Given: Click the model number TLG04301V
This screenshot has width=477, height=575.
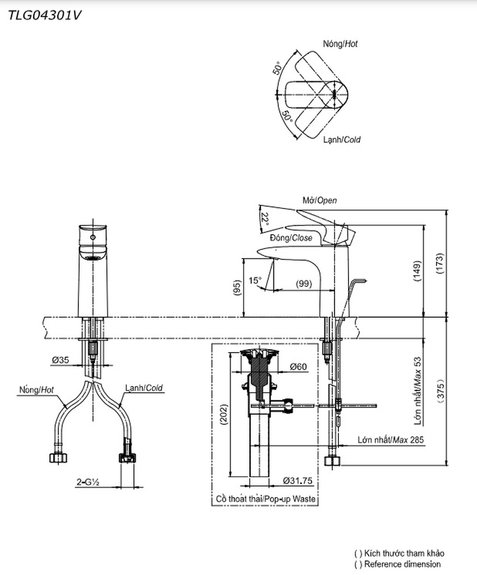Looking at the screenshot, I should point(44,16).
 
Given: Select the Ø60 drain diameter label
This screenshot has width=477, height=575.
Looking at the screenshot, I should point(299,367).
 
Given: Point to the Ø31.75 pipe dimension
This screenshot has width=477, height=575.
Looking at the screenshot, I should point(297,481).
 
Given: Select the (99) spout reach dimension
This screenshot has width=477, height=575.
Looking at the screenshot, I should point(304,284).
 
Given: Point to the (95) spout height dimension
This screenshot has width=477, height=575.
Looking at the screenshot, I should point(237,288).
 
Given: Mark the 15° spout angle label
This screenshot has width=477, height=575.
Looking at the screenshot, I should point(255,280).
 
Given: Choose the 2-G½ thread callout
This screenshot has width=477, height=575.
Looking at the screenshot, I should point(89,481).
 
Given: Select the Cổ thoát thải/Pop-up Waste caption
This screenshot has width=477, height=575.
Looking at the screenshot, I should point(266,499).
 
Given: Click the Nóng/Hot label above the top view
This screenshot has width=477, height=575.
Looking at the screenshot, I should point(340,44).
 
